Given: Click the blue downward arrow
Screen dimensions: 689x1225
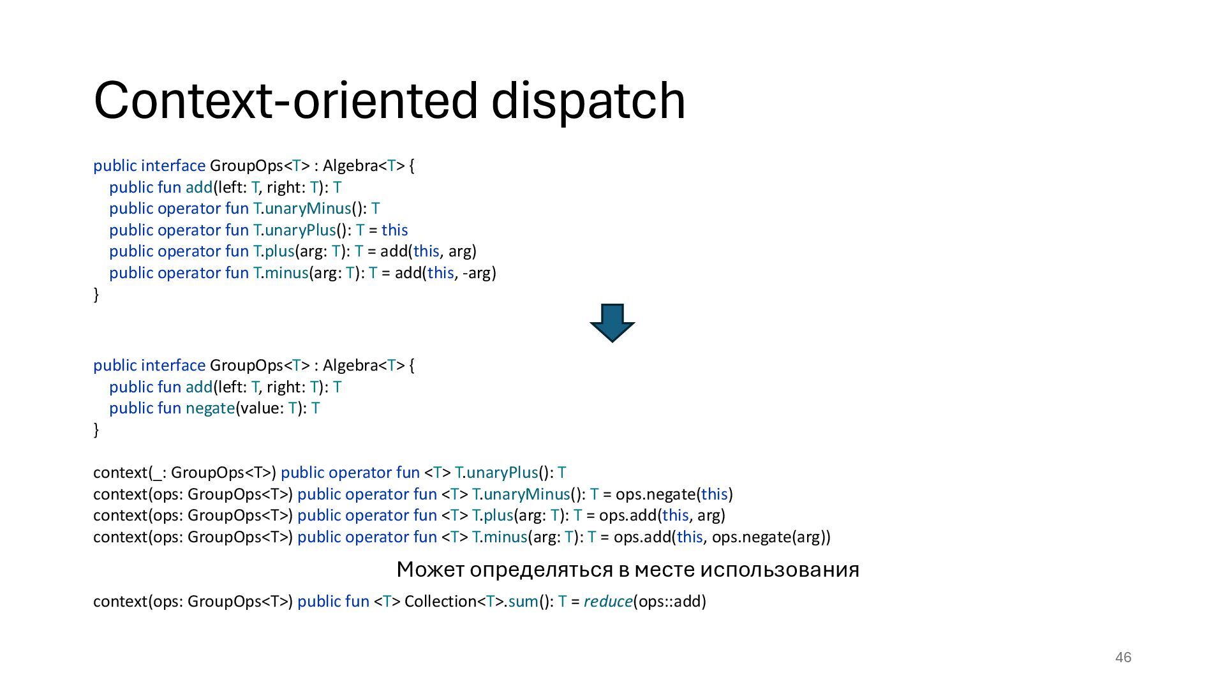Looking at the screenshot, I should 612,322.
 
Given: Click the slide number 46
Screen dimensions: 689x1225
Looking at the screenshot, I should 1123,657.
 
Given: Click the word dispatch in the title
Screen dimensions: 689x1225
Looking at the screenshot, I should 588,101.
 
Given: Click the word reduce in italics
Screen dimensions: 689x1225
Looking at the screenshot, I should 607,602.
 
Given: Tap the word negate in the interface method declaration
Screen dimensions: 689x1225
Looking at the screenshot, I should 210,408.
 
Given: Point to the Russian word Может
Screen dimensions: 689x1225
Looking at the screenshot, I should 430,569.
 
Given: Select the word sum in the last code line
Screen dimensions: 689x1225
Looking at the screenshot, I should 523,602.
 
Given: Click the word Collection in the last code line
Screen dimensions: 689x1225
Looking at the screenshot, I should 440,602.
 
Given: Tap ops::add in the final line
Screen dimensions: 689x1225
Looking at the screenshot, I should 669,602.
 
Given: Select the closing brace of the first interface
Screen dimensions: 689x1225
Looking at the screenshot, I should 96,294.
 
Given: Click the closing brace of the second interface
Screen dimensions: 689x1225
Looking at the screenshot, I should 96,430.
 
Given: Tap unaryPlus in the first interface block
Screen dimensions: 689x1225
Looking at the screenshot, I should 300,230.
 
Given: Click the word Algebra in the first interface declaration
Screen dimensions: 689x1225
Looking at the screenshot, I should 350,166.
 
